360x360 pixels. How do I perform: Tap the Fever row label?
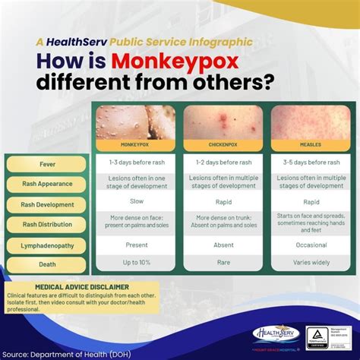(x=47, y=163)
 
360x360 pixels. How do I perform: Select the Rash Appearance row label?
(x=47, y=184)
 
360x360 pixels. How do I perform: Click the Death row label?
(x=47, y=265)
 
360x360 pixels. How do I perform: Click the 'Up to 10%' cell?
(x=135, y=263)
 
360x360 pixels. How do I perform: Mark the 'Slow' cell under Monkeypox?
(x=135, y=203)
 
